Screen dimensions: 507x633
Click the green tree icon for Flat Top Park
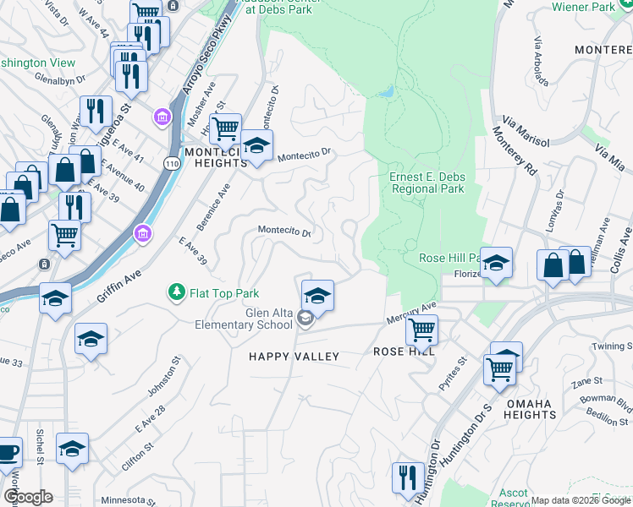(x=176, y=292)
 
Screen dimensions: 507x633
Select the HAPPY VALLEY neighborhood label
(x=294, y=357)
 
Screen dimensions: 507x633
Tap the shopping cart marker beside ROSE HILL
(x=421, y=330)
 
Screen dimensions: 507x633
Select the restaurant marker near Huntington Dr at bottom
(x=407, y=477)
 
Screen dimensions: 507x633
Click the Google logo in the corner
(x=27, y=497)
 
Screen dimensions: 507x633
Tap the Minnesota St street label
(x=129, y=499)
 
